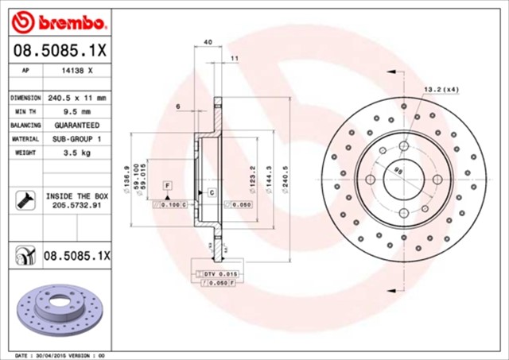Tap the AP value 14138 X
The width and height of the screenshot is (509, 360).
point(78,71)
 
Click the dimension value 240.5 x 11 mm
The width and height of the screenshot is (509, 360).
point(78,97)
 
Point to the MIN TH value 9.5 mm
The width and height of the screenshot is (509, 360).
point(78,111)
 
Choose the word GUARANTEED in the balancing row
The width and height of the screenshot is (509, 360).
point(78,125)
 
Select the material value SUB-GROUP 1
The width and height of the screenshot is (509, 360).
point(78,138)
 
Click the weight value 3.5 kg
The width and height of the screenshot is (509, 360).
point(78,152)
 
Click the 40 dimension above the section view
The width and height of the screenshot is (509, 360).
point(208,41)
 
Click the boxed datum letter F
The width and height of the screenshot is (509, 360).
point(168,185)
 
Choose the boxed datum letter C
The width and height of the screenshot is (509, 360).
point(212,193)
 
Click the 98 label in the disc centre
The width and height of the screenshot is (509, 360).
point(400,169)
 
